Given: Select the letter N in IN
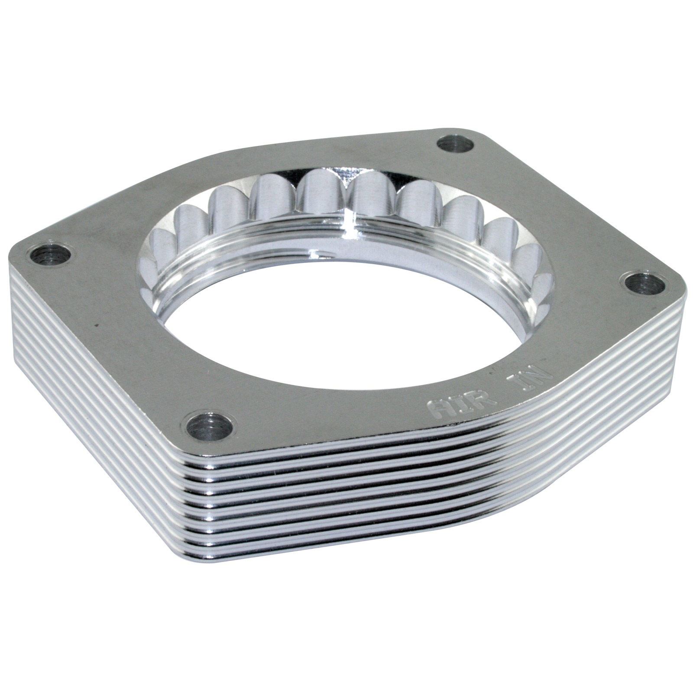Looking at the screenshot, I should [x=540, y=373].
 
